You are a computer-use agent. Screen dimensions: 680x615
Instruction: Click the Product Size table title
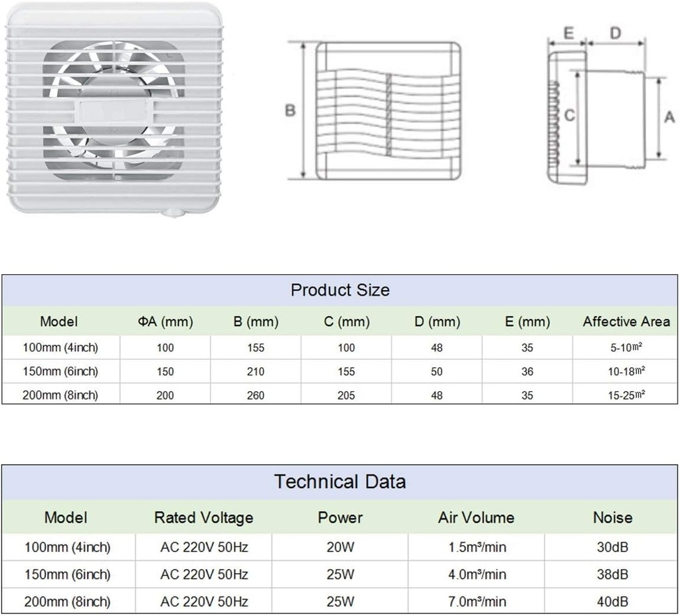(x=340, y=290)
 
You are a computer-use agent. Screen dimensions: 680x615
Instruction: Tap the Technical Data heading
(x=340, y=482)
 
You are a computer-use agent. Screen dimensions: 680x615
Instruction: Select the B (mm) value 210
(x=256, y=372)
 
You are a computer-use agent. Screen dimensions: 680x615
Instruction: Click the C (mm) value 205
(x=346, y=396)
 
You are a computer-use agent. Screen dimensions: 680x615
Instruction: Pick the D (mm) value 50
(x=437, y=372)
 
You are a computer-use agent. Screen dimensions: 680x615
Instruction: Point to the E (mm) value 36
(x=527, y=372)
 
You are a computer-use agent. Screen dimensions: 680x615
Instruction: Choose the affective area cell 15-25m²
(x=626, y=395)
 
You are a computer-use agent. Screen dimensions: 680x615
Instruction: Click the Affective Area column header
(x=626, y=321)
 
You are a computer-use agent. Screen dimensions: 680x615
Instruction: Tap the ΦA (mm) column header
(x=165, y=322)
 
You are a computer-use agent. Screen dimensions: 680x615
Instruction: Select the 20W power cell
(x=341, y=547)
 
